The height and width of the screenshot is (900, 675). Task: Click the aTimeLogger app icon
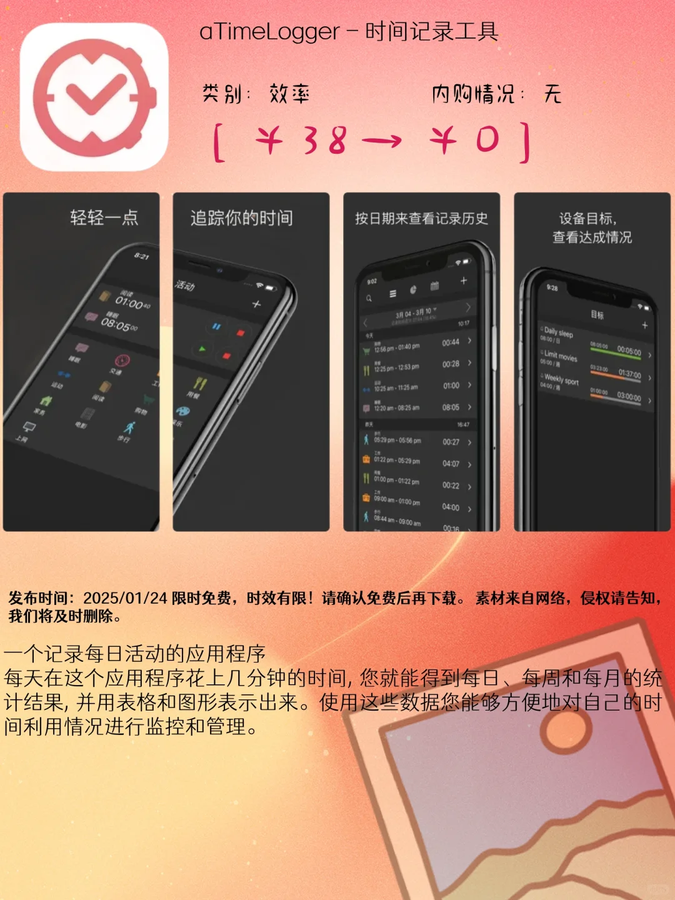point(94,97)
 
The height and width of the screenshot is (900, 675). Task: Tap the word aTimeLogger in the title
point(269,32)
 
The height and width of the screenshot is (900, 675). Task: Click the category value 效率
point(289,94)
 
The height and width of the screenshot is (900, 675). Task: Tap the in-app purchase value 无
point(552,94)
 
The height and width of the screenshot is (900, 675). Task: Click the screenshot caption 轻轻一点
point(104,217)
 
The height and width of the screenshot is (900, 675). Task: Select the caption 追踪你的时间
point(241,218)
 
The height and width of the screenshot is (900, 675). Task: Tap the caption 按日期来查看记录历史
point(421,218)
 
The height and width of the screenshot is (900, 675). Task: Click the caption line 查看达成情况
point(592,237)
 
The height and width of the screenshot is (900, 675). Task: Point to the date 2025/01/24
point(125,598)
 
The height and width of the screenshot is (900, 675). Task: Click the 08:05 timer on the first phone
point(119,324)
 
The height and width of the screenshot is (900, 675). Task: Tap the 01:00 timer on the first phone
point(131,302)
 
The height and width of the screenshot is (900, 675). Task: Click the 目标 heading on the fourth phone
point(597,315)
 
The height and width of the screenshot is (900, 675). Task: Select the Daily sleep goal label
point(558,332)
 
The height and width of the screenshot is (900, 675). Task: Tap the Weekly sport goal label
point(561,379)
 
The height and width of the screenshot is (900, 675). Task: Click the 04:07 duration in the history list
point(451,464)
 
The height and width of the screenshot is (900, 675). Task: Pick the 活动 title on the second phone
point(185,286)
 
